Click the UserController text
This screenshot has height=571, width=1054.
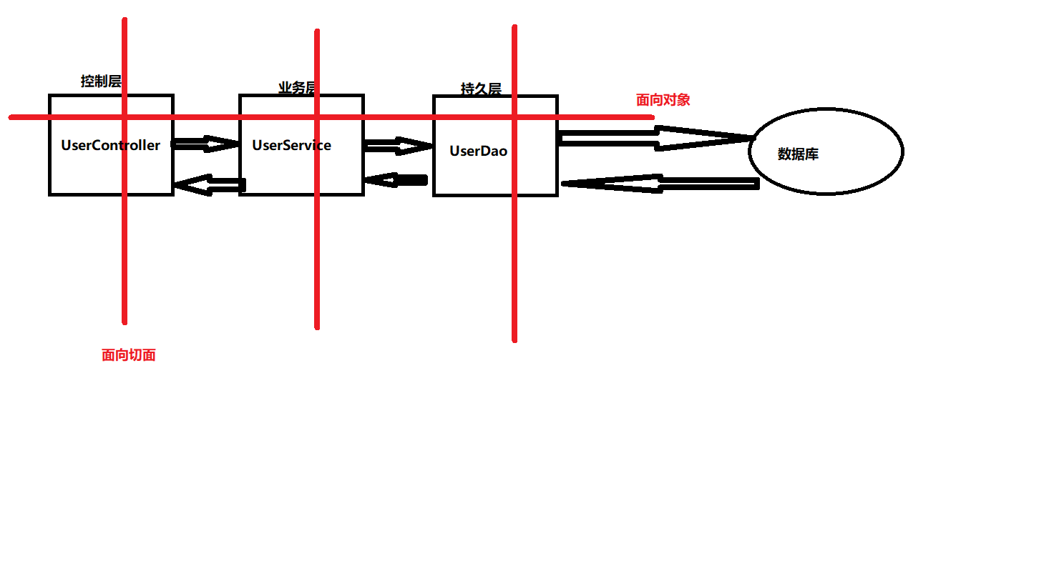click(x=111, y=145)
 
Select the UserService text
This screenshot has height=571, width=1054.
click(x=291, y=145)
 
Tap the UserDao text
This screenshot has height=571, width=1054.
click(x=478, y=151)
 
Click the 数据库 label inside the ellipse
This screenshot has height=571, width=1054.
click(x=798, y=154)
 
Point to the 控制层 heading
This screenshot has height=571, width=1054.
click(x=101, y=81)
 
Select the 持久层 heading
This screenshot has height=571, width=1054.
click(x=481, y=89)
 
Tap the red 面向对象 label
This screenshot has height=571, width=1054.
click(x=663, y=100)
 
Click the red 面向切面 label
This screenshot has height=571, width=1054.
click(x=129, y=354)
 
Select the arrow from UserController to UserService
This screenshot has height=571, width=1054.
click(x=206, y=144)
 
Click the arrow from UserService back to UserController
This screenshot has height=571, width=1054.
click(x=210, y=184)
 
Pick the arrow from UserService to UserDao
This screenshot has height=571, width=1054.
click(x=398, y=146)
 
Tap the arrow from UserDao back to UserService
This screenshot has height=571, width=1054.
click(x=396, y=180)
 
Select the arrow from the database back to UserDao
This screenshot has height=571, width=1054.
click(x=660, y=183)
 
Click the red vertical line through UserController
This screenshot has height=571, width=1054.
click(x=125, y=171)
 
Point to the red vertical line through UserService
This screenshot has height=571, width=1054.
click(x=317, y=179)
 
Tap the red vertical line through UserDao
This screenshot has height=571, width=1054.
click(x=514, y=183)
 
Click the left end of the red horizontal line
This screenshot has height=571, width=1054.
click(x=10, y=117)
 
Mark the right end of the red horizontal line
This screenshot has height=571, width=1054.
click(x=653, y=117)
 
